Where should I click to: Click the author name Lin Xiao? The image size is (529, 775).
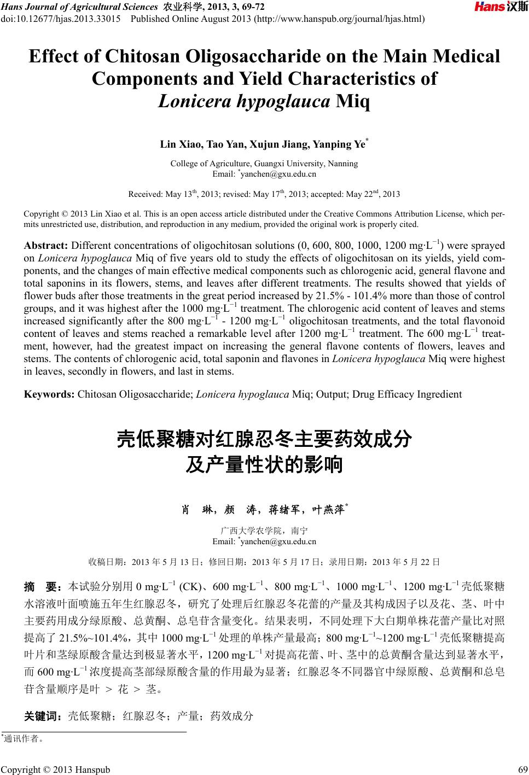tap(180, 144)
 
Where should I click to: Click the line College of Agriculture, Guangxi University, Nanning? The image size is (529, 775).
tap(264, 164)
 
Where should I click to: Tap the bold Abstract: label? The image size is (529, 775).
tap(46, 245)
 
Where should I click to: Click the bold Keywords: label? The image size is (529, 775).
tap(49, 394)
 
